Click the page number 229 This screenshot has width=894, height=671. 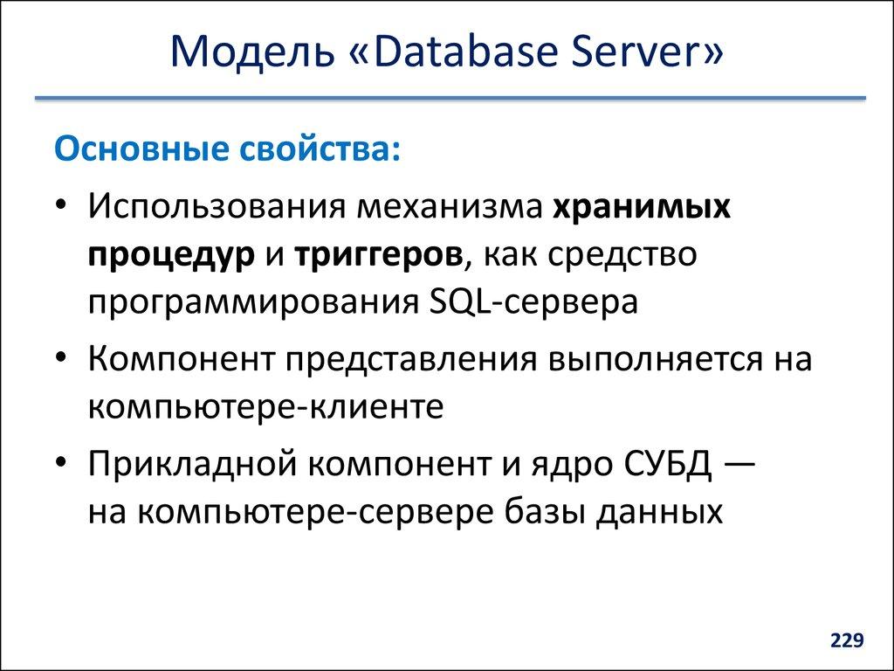[847, 642]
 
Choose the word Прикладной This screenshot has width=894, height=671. [189, 465]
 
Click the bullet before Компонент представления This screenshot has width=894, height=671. [58, 361]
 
